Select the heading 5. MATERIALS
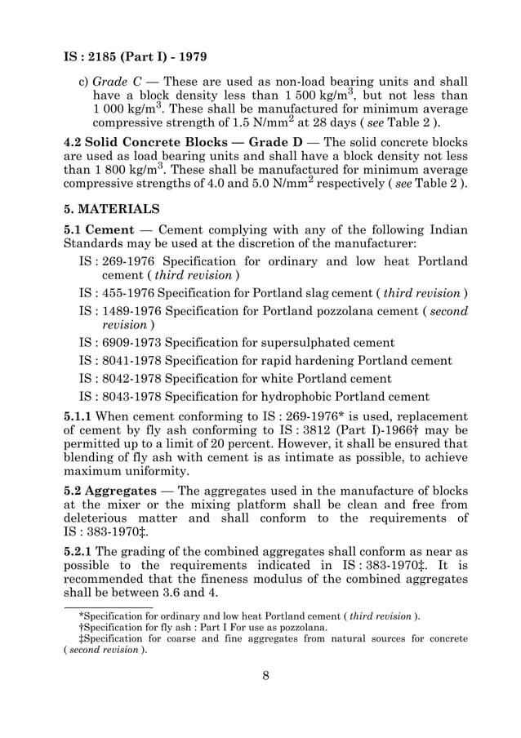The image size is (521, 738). coord(114,208)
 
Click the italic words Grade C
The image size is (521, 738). coord(114,82)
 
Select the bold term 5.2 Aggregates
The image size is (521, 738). coord(110,491)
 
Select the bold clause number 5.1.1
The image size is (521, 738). coord(79,416)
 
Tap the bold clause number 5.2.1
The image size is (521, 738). coord(79,549)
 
